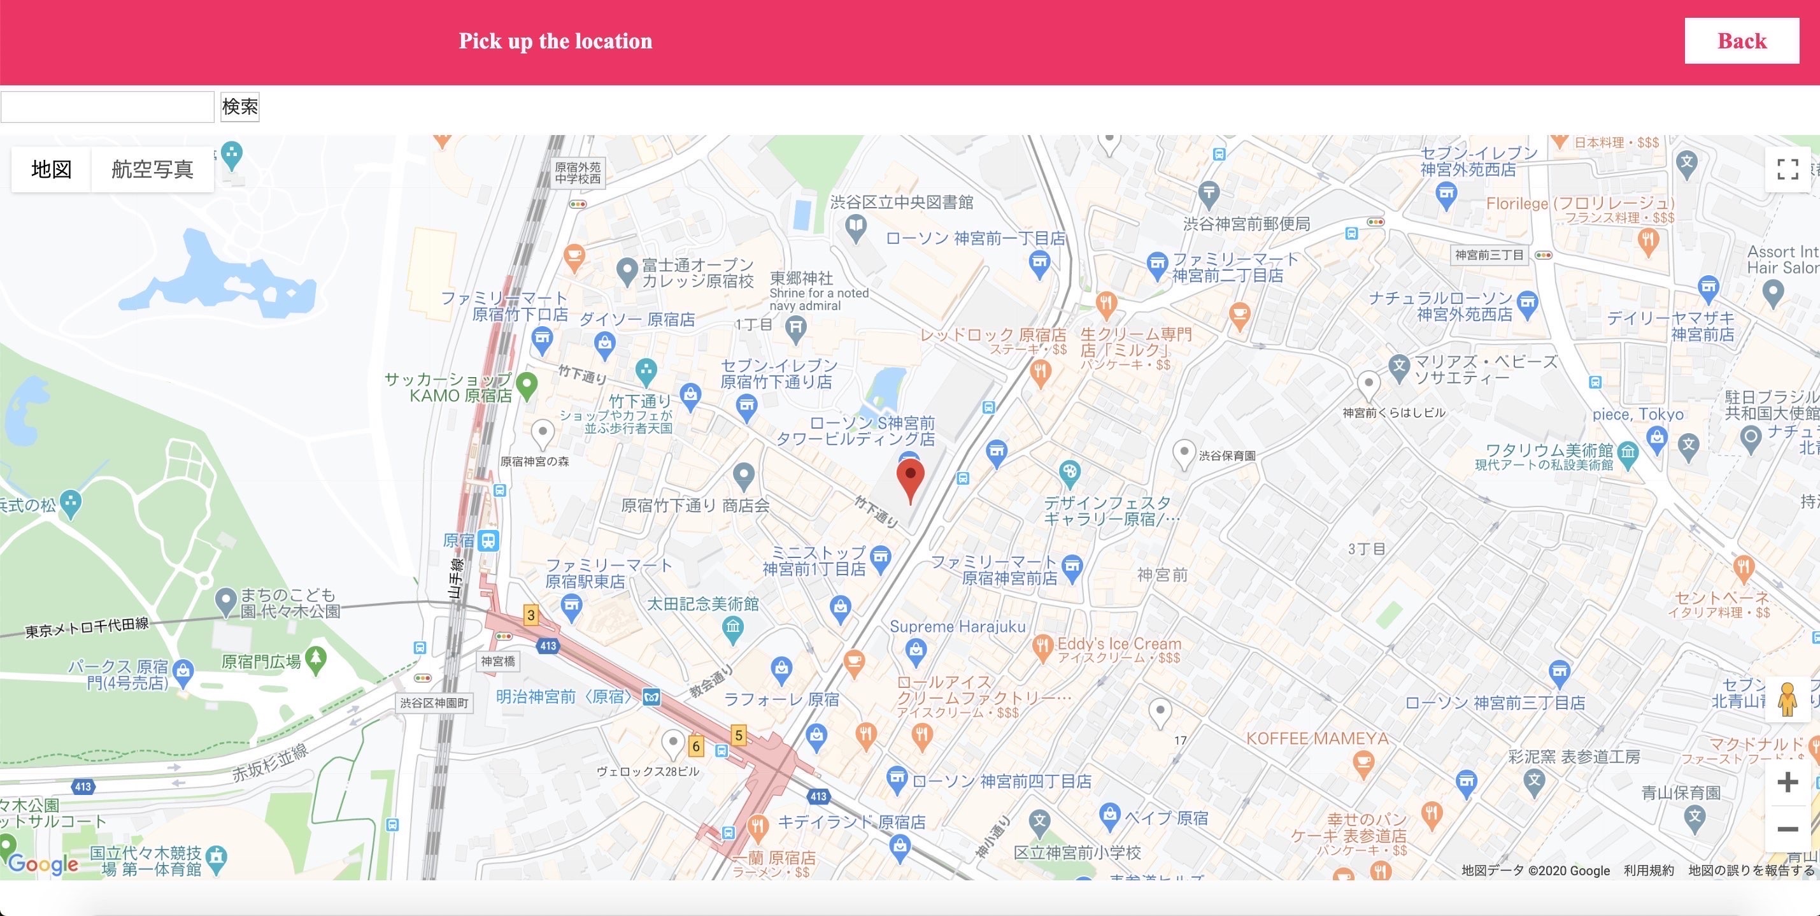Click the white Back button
click(x=1741, y=41)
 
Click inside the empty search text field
click(x=108, y=107)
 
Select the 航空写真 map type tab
click(x=152, y=169)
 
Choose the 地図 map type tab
click(x=52, y=169)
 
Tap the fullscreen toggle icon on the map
click(x=1787, y=169)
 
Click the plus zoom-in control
click(x=1787, y=782)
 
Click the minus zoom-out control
click(x=1787, y=828)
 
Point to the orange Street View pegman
click(x=1787, y=699)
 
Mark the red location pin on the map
click(x=910, y=478)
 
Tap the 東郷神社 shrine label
click(x=801, y=278)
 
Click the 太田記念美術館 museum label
click(x=702, y=604)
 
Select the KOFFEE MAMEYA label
click(x=1317, y=738)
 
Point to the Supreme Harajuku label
click(x=956, y=626)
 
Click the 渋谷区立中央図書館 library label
click(x=901, y=203)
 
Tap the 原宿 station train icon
click(x=488, y=541)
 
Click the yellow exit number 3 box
click(x=530, y=615)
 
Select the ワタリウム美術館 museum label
click(x=1549, y=450)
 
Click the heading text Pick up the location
click(x=555, y=41)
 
